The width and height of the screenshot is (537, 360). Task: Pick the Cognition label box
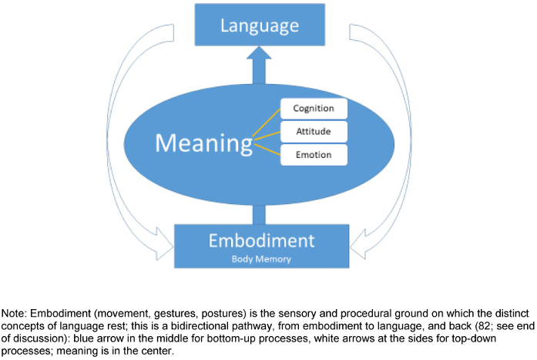click(314, 108)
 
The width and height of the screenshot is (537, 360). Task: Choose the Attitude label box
click(314, 131)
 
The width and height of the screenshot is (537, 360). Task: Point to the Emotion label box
click(314, 154)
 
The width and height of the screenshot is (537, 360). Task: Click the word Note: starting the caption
click(14, 315)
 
